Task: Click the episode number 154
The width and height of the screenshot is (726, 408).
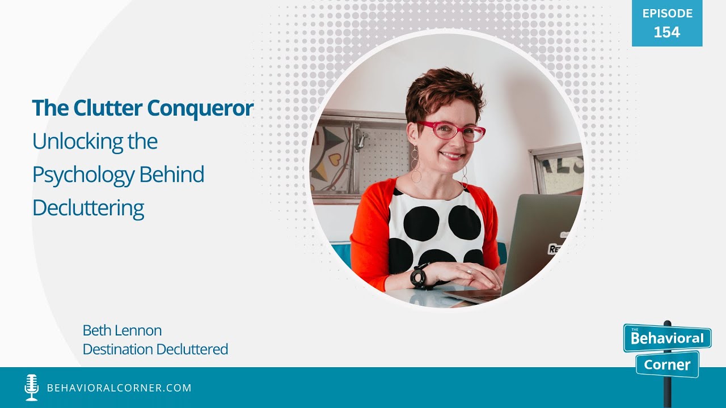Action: click(666, 32)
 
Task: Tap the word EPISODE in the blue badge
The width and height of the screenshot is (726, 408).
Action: click(667, 14)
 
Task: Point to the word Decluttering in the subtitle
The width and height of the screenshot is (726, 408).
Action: click(88, 208)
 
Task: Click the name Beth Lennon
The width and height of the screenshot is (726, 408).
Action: click(122, 330)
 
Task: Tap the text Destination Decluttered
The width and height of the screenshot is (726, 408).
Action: click(155, 349)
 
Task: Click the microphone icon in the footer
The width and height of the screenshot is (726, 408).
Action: click(32, 388)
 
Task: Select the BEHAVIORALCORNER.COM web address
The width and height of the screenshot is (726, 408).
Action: click(119, 388)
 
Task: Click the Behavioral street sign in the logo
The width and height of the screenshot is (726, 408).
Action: click(667, 339)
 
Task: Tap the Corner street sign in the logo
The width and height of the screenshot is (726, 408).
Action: click(667, 364)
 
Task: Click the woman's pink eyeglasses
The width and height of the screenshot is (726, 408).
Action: click(451, 131)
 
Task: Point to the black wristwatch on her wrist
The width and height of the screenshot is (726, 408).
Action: click(419, 277)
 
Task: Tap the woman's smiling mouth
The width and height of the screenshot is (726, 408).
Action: click(452, 155)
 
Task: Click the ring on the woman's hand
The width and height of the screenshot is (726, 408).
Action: click(469, 272)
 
